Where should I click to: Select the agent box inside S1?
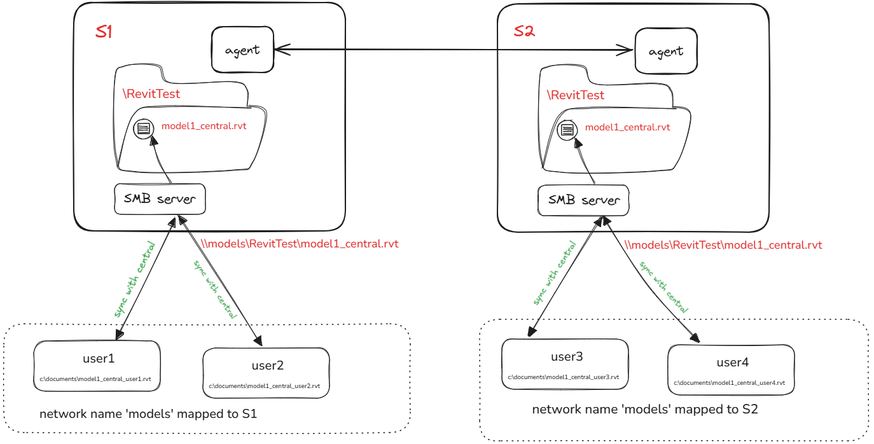click(x=242, y=50)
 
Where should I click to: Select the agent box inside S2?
click(x=666, y=51)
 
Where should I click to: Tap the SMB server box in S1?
click(x=160, y=199)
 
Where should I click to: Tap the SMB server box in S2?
click(x=583, y=200)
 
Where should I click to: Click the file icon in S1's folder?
click(x=143, y=128)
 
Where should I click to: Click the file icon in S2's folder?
click(x=567, y=130)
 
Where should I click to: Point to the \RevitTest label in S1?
click(x=151, y=94)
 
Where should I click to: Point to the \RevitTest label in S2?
click(x=575, y=95)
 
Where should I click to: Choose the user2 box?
click(x=266, y=372)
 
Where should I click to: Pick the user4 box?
click(x=732, y=370)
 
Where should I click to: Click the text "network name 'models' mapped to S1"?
click(x=148, y=414)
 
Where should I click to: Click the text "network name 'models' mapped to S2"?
click(x=645, y=409)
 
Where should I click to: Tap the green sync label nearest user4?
click(x=664, y=288)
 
